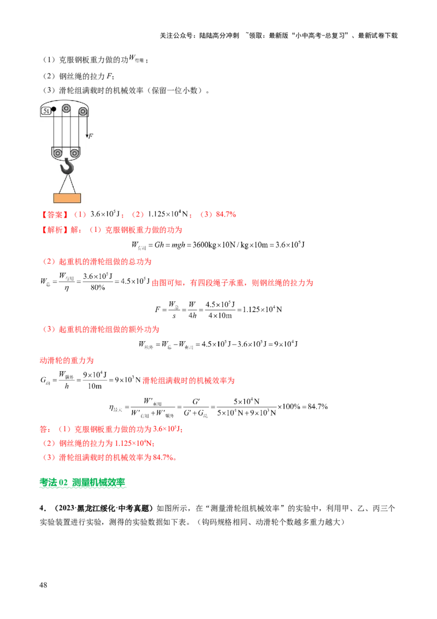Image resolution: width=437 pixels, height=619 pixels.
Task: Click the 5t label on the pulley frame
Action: pyautogui.click(x=45, y=112)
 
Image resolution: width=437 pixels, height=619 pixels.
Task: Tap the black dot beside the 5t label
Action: pyautogui.click(x=54, y=109)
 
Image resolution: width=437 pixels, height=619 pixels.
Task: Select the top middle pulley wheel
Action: pyautogui.click(x=67, y=108)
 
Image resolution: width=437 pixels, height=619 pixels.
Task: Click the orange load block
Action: pyautogui.click(x=67, y=198)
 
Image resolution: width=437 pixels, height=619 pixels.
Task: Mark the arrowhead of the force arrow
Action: pyautogui.click(x=86, y=136)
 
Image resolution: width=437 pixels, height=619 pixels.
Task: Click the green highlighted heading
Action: pyautogui.click(x=82, y=483)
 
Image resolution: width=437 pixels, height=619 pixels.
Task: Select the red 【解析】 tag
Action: pyautogui.click(x=53, y=230)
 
